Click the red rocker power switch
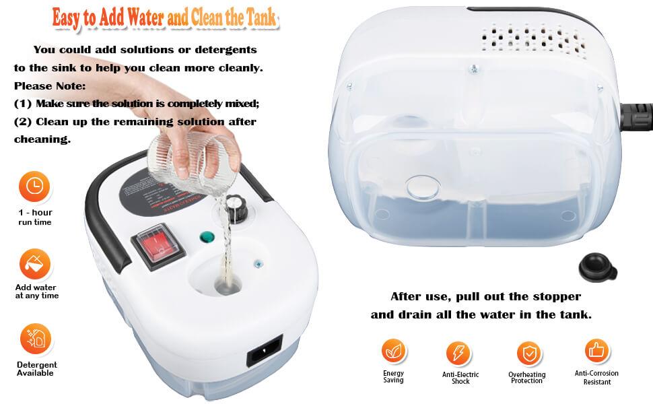click(x=159, y=246)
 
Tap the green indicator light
click(x=207, y=238)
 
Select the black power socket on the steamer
click(x=265, y=350)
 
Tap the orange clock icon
click(x=34, y=186)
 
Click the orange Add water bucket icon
click(x=35, y=264)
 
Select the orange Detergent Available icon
click(x=36, y=339)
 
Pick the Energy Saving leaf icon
click(x=394, y=351)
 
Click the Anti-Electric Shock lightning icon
click(x=458, y=353)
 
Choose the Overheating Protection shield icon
click(x=529, y=353)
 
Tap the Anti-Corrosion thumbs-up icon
click(x=596, y=351)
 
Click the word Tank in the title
click(x=261, y=18)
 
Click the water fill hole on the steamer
click(x=228, y=285)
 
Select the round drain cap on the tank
click(x=423, y=187)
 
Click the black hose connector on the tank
click(x=636, y=116)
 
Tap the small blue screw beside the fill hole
click(x=259, y=264)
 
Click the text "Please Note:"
click(x=50, y=86)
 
